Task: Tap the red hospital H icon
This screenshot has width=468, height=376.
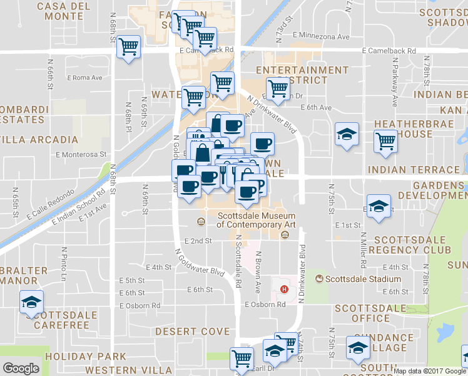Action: click(x=285, y=289)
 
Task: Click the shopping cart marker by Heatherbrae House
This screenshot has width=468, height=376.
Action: click(x=385, y=140)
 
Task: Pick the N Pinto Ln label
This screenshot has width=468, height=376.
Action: click(x=63, y=263)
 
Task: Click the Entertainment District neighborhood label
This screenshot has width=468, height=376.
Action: click(x=302, y=75)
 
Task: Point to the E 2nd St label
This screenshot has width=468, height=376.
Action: click(x=198, y=241)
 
